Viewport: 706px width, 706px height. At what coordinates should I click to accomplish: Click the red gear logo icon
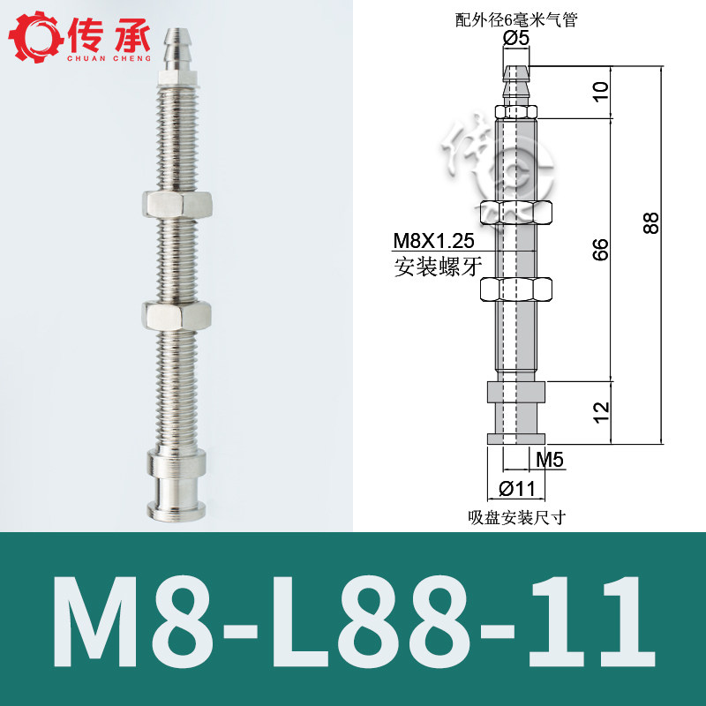click(x=36, y=37)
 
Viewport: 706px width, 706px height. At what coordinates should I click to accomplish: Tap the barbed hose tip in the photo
click(x=176, y=49)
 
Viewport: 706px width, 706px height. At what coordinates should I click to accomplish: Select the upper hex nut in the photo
click(x=177, y=205)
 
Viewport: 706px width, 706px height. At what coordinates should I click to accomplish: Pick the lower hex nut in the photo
click(x=176, y=316)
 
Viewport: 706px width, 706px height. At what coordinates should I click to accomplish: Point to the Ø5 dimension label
click(x=516, y=38)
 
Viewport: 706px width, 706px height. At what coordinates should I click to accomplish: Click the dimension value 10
click(x=601, y=92)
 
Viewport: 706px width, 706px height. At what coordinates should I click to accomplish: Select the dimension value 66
click(x=601, y=250)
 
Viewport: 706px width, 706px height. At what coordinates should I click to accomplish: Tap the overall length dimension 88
click(x=651, y=223)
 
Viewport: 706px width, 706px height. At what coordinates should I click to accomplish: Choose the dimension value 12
click(x=602, y=412)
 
